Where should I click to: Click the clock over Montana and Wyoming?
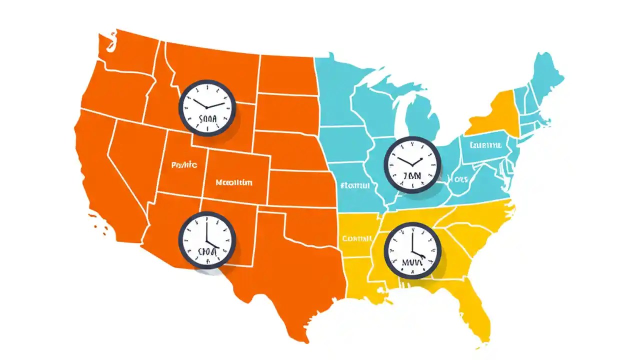coord(207,107)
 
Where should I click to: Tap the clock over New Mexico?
coord(207,238)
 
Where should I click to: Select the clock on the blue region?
coord(413,164)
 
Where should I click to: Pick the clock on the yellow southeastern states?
coord(413,250)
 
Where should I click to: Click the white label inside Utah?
coord(184,164)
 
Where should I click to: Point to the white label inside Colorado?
coord(234,182)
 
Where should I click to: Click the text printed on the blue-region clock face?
coord(413,176)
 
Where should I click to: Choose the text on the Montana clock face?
coord(207,119)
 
